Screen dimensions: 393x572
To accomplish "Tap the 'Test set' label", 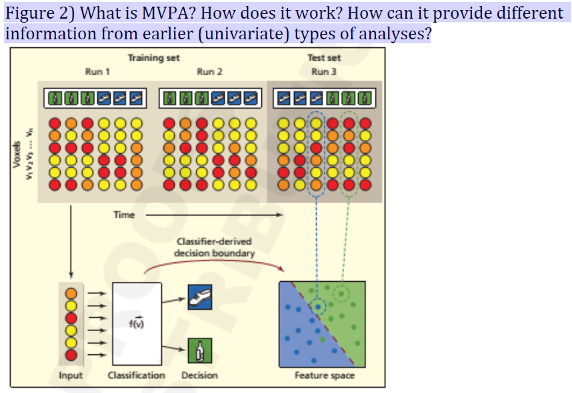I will [x=324, y=58].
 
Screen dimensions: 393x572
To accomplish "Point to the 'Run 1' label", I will [x=97, y=71].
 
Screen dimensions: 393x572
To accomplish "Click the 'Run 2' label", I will [x=209, y=71].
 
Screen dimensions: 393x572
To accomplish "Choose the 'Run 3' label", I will [x=324, y=71].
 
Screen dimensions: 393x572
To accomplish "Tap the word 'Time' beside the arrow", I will [x=124, y=215].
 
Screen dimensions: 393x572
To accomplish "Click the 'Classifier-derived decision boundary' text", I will [x=214, y=248].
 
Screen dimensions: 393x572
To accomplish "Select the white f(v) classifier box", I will [x=137, y=322].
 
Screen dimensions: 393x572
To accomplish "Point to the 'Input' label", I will [x=71, y=376].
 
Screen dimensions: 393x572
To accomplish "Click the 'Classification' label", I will [x=136, y=376].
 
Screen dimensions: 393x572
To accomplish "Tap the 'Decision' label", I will [x=199, y=376].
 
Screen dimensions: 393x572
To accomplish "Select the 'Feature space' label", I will [x=324, y=376].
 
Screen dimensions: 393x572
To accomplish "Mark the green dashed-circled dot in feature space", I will [x=341, y=292].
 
